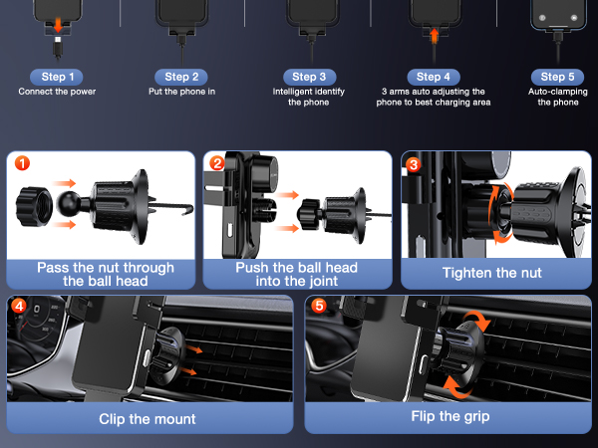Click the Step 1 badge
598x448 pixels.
tap(57, 77)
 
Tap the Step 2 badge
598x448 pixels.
tap(182, 77)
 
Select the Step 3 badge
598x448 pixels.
tap(308, 77)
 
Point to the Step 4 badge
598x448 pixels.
tap(433, 77)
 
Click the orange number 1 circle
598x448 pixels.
tap(22, 161)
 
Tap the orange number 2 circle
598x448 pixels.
tap(216, 161)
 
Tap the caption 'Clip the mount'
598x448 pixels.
tap(148, 418)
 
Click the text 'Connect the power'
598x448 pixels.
tap(56, 92)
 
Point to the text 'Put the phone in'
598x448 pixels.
tap(182, 92)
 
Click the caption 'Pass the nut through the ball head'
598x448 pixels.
tap(105, 275)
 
